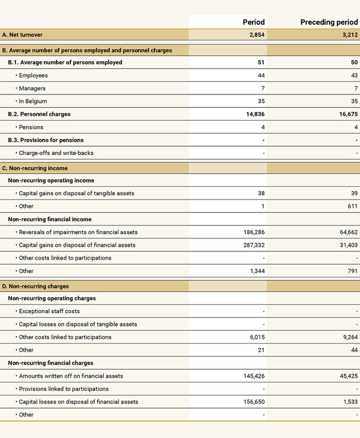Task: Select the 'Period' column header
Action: click(x=253, y=22)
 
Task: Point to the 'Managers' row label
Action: click(x=32, y=88)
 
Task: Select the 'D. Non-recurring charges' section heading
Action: click(x=35, y=286)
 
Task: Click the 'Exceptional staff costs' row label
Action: click(x=49, y=311)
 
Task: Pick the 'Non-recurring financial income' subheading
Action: click(x=49, y=219)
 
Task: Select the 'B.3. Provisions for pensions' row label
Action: click(x=46, y=140)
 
